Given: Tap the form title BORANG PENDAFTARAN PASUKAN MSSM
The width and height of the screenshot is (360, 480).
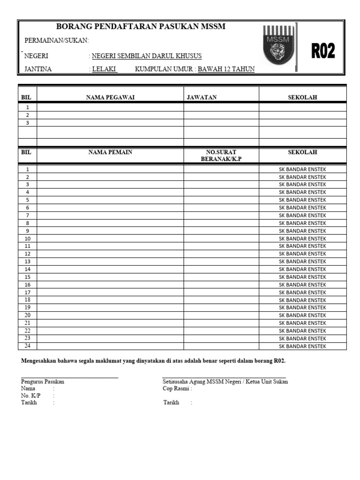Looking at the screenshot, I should (141, 27).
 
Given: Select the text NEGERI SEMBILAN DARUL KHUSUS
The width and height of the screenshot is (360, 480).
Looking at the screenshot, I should (147, 56).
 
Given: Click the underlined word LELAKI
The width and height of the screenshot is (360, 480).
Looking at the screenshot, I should (104, 69).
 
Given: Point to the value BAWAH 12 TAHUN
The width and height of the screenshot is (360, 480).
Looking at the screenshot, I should (226, 69).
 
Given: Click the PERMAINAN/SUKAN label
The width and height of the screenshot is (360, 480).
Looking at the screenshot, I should (56, 41).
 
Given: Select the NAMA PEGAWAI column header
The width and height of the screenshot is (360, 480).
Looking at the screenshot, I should (110, 97).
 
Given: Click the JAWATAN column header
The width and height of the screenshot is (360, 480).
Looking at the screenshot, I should (202, 97).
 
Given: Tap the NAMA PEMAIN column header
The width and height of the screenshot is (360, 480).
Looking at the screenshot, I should (110, 152).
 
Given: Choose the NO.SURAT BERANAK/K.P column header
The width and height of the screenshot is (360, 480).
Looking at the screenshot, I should (221, 156).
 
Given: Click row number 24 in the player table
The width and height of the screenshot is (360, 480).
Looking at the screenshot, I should (27, 346).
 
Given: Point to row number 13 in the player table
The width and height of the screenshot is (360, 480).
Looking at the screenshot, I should (27, 262).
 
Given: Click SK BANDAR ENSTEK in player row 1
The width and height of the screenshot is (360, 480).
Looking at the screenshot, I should (302, 169).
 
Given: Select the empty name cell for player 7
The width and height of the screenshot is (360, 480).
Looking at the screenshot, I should (110, 215).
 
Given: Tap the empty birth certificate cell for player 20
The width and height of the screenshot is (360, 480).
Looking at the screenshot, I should (221, 315).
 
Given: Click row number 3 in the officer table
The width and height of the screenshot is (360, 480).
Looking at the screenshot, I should (27, 123).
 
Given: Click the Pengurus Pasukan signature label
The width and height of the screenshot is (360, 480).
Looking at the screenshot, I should (43, 382).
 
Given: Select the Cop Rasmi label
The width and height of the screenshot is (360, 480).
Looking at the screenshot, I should (177, 389).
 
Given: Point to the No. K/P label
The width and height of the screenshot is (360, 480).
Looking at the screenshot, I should (30, 396).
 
